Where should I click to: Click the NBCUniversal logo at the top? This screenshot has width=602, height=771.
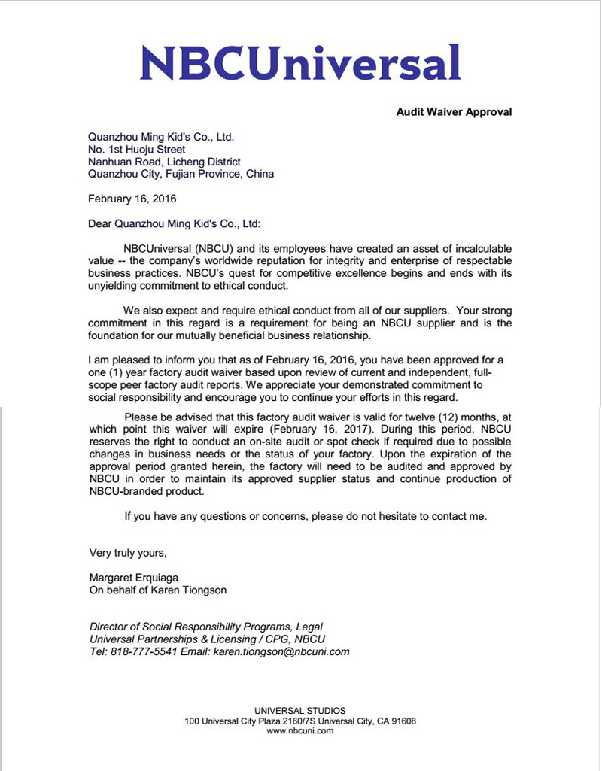(x=300, y=63)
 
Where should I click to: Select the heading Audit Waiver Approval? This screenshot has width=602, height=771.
(x=454, y=112)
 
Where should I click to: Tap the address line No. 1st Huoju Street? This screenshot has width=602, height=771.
(x=137, y=150)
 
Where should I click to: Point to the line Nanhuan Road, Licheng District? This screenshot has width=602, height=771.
(x=164, y=162)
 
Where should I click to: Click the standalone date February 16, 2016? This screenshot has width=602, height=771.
(x=132, y=199)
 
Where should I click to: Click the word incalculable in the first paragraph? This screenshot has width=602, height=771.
(x=474, y=248)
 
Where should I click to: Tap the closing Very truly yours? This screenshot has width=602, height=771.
(x=128, y=553)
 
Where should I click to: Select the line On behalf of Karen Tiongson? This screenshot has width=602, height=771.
(x=158, y=590)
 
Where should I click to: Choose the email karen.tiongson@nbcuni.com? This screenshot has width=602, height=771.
(x=281, y=651)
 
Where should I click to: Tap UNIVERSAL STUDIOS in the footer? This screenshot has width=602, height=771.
(x=300, y=710)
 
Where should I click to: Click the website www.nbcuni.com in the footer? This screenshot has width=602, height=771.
(x=300, y=730)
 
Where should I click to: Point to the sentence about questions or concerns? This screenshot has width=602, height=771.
(x=306, y=516)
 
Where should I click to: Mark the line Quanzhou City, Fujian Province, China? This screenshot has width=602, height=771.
(x=181, y=174)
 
